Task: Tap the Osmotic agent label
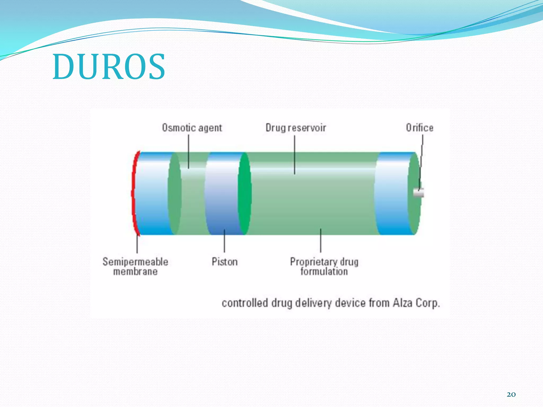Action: [192, 128]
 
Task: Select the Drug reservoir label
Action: [296, 128]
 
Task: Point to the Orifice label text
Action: [419, 128]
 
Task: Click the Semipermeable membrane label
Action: [135, 266]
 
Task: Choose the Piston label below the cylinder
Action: [225, 262]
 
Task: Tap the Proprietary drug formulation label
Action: [324, 266]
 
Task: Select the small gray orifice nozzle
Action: [419, 193]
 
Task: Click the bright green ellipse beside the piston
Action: [244, 193]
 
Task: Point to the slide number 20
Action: [511, 395]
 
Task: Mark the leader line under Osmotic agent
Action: [189, 151]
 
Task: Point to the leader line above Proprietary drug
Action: [321, 240]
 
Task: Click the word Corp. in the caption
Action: [428, 303]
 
